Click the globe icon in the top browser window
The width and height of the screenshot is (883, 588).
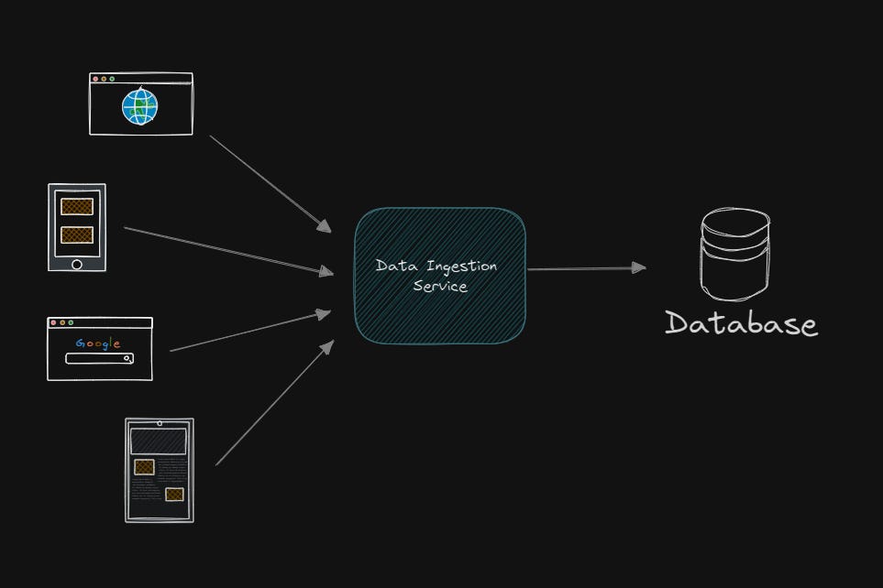coord(139,107)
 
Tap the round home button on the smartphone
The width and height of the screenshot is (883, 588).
coord(77,264)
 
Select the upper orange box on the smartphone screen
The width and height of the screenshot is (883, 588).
coord(77,207)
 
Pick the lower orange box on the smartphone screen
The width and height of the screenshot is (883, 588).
coord(77,234)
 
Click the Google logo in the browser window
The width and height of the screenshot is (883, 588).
coord(98,343)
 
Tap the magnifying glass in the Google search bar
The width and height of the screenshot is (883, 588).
coord(128,359)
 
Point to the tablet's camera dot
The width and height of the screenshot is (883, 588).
coord(160,423)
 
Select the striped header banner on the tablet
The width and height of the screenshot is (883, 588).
coord(159,441)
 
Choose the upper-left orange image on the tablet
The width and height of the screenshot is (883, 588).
coord(144,467)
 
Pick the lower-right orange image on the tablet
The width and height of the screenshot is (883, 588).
coord(174,495)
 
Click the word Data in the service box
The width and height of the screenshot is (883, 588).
coord(392,267)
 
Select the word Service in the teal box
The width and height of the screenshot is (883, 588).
coord(440,287)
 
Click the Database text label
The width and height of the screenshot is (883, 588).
coord(741,323)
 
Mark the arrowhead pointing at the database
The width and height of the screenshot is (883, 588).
coord(638,268)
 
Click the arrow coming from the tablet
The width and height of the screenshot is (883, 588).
coord(272,405)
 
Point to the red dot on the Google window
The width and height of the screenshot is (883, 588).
coord(53,322)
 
